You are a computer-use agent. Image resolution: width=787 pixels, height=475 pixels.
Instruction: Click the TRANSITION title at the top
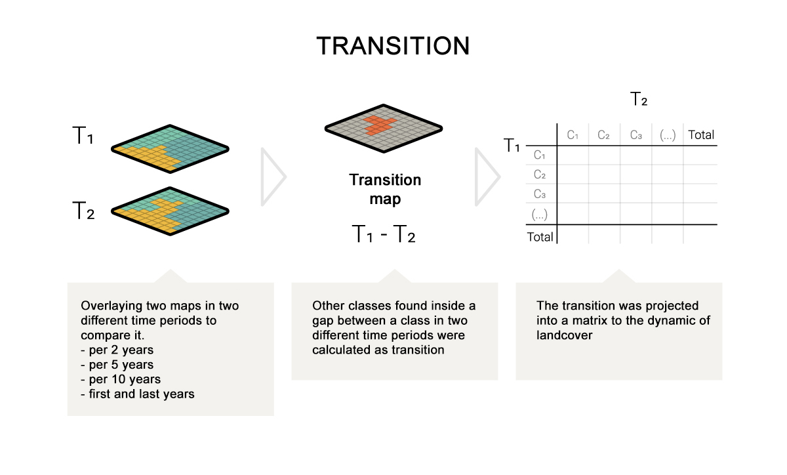click(x=393, y=46)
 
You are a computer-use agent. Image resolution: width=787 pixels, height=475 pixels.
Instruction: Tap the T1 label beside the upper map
click(x=83, y=135)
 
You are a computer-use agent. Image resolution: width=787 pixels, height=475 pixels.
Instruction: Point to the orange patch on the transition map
click(x=380, y=125)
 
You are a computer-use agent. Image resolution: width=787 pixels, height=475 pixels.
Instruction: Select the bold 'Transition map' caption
click(x=385, y=189)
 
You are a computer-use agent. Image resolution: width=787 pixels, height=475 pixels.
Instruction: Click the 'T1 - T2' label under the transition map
click(x=383, y=234)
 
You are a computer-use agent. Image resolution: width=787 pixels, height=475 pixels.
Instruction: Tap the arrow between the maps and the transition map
click(x=273, y=177)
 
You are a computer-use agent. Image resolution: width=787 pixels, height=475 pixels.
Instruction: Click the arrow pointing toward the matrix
click(x=487, y=177)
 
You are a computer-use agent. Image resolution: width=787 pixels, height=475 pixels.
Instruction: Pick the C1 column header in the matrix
click(x=573, y=135)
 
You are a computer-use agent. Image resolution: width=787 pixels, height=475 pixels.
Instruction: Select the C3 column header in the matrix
click(x=636, y=135)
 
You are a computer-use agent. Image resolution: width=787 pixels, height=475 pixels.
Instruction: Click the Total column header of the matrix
click(x=701, y=134)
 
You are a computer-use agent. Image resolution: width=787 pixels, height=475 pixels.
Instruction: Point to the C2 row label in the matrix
click(x=539, y=175)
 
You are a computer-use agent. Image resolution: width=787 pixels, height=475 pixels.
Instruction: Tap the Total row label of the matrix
click(x=540, y=237)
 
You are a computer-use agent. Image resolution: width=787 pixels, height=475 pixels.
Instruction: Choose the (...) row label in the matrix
click(x=539, y=214)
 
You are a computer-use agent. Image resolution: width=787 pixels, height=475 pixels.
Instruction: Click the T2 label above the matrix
click(x=638, y=99)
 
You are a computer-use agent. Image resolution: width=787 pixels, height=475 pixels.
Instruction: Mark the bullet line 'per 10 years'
click(x=121, y=379)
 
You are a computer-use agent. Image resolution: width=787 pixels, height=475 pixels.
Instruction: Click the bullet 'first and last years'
click(x=137, y=394)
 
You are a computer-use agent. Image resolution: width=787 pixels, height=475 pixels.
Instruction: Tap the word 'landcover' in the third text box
click(x=564, y=335)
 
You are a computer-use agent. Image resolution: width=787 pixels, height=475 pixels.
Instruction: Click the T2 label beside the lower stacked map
click(x=83, y=211)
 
